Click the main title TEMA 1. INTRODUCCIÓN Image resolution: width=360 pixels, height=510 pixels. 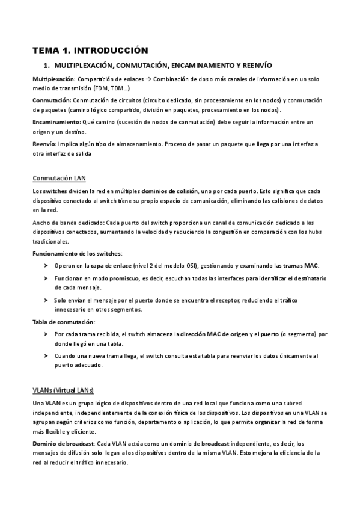tap(90, 50)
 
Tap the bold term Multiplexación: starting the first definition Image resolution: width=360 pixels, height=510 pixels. tap(53, 79)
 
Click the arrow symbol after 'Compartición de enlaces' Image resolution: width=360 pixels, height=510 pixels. tap(154, 79)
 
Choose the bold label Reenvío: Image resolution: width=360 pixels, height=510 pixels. tap(44, 144)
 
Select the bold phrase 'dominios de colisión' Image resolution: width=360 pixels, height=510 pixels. tap(170, 191)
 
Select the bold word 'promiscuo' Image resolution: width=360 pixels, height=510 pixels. tap(122, 279)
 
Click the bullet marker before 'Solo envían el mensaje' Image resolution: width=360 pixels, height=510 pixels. tap(46, 300)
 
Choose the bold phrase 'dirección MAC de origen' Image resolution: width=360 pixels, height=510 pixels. tap(213, 334)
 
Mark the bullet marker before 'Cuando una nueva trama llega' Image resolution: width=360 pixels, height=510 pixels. tap(46, 355)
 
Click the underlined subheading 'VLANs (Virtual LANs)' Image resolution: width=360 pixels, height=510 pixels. tap(63, 389)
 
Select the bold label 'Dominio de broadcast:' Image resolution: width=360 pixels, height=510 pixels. tap(64, 443)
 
